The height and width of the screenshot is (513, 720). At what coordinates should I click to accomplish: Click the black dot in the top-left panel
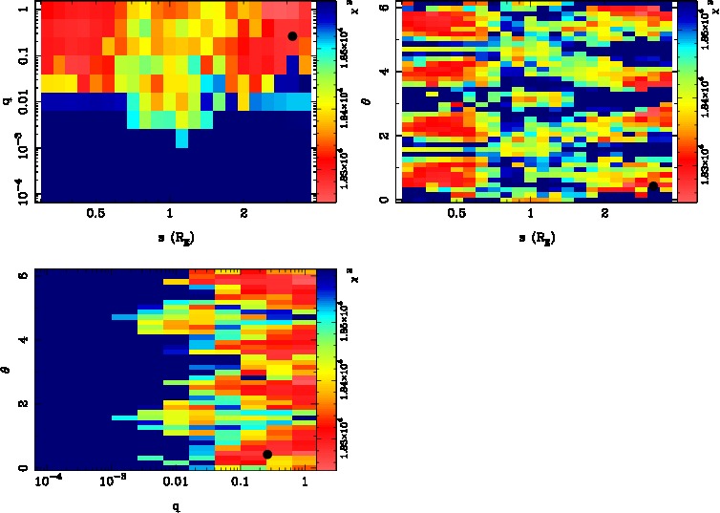(292, 36)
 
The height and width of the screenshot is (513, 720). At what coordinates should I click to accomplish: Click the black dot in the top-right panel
(653, 187)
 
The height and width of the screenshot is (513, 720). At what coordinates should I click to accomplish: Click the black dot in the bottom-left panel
(267, 454)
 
